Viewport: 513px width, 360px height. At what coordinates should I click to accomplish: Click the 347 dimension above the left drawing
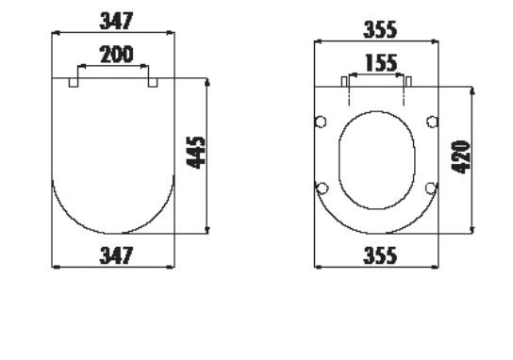coord(116,21)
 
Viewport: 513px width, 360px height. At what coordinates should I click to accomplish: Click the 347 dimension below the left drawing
coord(116,255)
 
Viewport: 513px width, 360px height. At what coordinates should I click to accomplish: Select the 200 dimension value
coord(117,55)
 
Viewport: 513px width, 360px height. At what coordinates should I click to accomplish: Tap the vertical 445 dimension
coord(196,153)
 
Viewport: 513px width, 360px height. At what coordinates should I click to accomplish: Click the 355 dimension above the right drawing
coord(380,29)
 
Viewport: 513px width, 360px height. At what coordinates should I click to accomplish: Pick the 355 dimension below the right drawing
coord(380,255)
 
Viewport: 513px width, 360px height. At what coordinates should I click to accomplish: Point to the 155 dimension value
coord(381,63)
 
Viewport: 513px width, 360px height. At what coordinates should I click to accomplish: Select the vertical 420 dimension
coord(460,156)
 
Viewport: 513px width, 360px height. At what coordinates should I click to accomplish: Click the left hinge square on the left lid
coord(74,82)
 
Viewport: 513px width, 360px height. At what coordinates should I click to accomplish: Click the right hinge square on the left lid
coord(153,82)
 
